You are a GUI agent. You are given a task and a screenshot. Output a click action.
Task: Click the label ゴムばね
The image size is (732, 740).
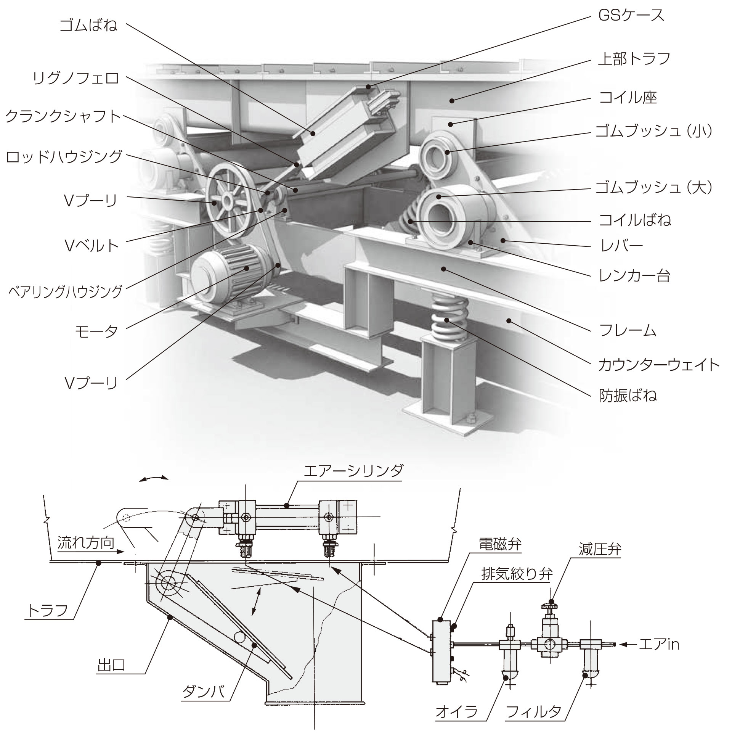(x=88, y=25)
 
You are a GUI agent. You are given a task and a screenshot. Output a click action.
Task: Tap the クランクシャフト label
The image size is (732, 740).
(x=63, y=116)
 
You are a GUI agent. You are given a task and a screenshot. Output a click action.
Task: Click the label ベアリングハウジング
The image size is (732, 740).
(x=65, y=291)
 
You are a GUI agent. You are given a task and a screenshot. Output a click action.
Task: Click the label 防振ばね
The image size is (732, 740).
(x=628, y=395)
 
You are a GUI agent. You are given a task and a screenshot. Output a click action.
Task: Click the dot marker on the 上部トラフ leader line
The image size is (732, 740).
(x=452, y=101)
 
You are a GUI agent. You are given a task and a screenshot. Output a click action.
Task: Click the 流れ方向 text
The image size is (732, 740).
(x=86, y=543)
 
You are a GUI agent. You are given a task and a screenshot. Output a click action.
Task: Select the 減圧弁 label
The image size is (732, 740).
(x=600, y=549)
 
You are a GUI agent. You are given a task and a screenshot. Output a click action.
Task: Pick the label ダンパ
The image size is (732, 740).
(x=203, y=692)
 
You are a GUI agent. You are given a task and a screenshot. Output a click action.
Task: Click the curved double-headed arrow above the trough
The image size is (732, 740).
(x=153, y=478)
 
